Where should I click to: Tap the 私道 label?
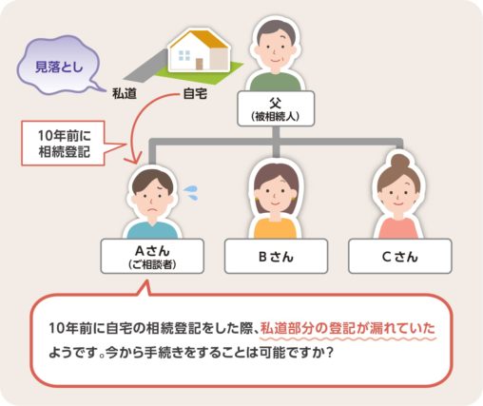click(125, 95)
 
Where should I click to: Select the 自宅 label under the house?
click(195, 95)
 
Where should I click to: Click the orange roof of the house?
click(194, 43)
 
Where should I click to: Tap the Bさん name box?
click(273, 255)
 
